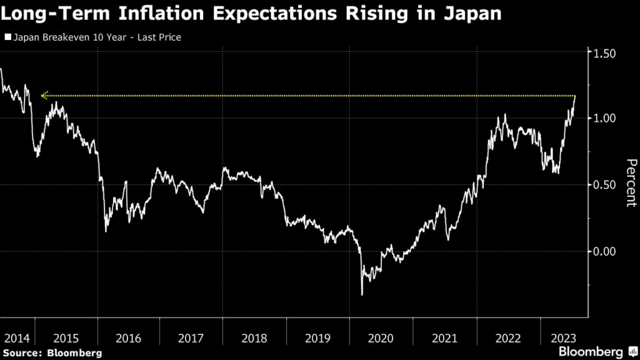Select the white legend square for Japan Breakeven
[7, 37]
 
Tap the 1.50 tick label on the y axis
[604, 54]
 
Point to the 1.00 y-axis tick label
[604, 118]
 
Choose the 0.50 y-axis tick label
[604, 185]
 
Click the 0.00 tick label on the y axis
[604, 252]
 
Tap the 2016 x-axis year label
[128, 338]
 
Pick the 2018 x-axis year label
[255, 338]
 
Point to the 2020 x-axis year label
[381, 338]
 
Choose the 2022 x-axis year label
[507, 338]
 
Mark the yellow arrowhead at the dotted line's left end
[44, 96]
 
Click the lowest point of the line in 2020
[362, 294]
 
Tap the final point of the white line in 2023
[575, 96]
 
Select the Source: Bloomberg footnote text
[51, 353]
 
